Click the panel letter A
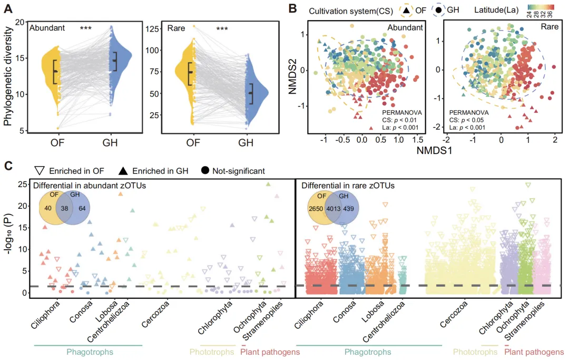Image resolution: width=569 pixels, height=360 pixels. [9, 8]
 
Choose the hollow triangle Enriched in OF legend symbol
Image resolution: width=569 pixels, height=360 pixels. [38, 171]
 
